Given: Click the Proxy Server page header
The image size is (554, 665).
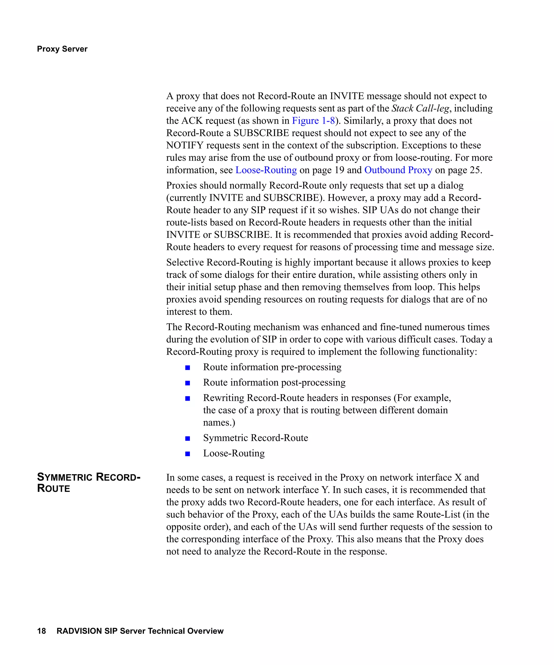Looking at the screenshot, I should pos(62,49).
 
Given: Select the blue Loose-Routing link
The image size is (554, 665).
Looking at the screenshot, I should pos(266,170).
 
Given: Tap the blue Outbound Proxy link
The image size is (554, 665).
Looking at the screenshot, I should pos(398,170).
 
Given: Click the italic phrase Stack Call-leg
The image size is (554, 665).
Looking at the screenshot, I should pos(420,108).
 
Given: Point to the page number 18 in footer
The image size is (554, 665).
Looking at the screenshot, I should pos(41,631).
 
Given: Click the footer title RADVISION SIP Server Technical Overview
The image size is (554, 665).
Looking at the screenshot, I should pos(140,631).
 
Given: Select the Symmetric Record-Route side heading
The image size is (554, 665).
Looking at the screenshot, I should pos(88,483).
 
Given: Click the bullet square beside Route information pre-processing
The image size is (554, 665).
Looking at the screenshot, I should pos(187,368).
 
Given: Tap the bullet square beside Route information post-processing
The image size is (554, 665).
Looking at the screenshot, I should pos(187,383).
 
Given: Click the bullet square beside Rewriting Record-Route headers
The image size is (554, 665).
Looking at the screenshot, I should pos(187,398).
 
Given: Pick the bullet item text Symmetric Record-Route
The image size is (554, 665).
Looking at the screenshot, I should pos(255,438).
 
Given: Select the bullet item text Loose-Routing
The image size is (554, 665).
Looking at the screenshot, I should pos(234,453).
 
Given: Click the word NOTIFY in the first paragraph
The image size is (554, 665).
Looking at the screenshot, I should pos(184,145).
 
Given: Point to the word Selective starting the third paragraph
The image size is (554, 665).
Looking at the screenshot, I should pos(185,262).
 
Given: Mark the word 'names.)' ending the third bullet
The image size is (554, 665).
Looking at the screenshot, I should pos(219,422).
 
